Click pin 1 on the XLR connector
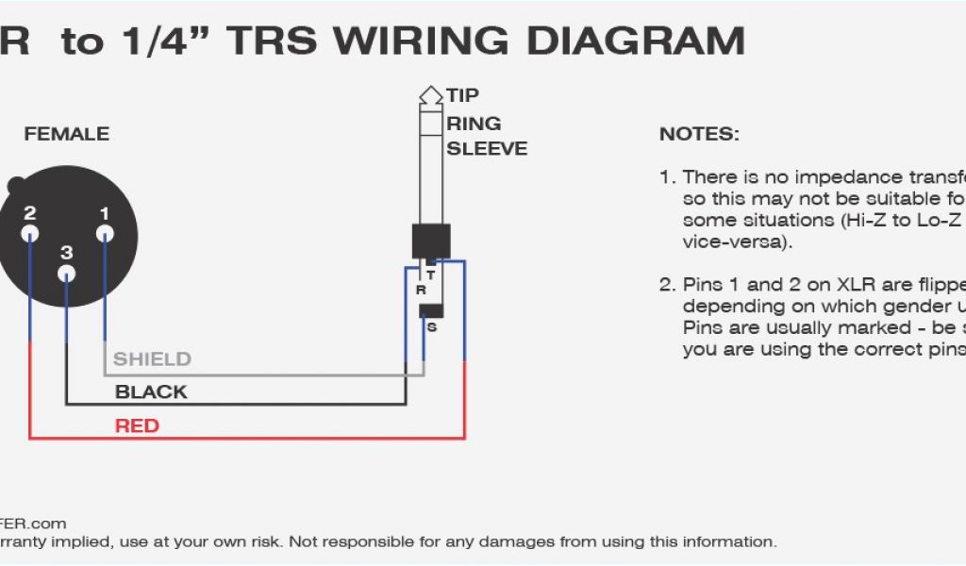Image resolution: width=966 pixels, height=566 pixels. (x=105, y=233)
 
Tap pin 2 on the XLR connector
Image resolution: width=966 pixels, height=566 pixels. (x=30, y=233)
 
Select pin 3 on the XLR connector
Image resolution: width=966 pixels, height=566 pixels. (x=66, y=274)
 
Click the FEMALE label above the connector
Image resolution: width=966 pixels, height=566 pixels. (x=66, y=134)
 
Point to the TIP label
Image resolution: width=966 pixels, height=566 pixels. (x=462, y=95)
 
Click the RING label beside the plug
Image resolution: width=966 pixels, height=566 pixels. (x=474, y=123)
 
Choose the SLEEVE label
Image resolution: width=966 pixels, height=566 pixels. (x=487, y=148)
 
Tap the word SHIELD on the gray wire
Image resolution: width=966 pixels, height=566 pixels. (x=152, y=359)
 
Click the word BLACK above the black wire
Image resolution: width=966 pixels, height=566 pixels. (x=151, y=391)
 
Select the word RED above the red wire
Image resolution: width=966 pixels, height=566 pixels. (x=137, y=425)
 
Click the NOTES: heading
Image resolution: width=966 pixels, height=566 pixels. (x=699, y=134)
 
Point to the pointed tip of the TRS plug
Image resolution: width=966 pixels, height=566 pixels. (x=431, y=93)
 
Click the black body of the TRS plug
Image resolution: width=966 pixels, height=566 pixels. (x=431, y=241)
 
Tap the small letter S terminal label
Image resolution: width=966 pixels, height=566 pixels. (x=432, y=327)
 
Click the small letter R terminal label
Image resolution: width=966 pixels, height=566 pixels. (x=421, y=291)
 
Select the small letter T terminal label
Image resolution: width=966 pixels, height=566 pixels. (x=431, y=275)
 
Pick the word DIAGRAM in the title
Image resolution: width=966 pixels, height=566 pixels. (x=635, y=41)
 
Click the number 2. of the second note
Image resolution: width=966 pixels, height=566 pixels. (x=668, y=285)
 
